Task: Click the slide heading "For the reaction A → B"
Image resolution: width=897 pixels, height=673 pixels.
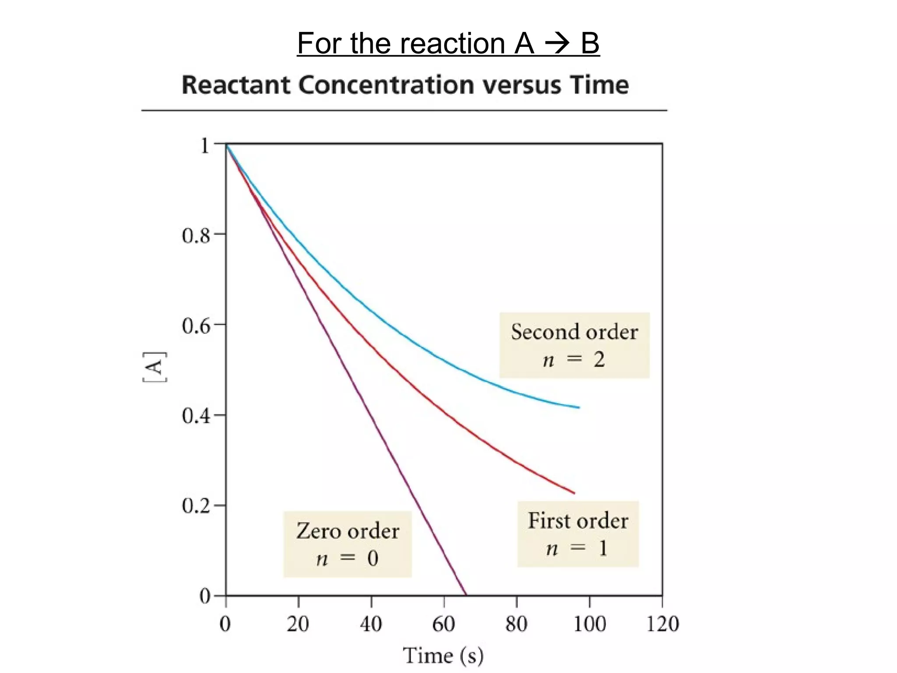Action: coord(448,43)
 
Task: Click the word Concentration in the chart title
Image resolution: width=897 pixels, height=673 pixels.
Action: coord(386,85)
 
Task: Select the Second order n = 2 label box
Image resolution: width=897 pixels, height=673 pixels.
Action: coord(574,345)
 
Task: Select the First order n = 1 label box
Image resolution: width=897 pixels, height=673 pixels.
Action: coord(578,534)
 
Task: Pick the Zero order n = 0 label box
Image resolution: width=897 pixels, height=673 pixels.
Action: coord(347,544)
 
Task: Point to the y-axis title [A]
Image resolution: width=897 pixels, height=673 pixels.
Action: coord(155,367)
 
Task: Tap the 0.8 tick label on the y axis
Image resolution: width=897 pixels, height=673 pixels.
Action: coord(196,236)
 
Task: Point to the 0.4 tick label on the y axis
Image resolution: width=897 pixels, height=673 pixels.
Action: coord(196,417)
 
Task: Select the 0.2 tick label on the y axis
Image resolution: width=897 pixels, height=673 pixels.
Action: coord(196,507)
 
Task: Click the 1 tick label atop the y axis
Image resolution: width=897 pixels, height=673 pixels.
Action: coord(204,146)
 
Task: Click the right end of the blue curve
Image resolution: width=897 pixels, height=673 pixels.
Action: coord(579,407)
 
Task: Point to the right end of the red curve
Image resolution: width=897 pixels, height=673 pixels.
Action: coord(574,493)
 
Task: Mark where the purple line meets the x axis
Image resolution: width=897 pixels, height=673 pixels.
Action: coord(466,595)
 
